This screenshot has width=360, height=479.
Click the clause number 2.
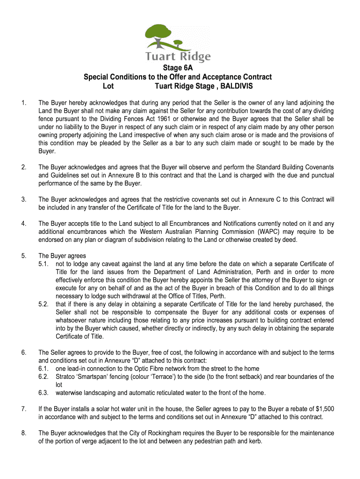click(23, 167)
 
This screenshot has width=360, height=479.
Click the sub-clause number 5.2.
click(44, 304)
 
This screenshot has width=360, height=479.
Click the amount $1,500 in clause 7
click(323, 409)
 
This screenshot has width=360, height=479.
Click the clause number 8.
click(23, 433)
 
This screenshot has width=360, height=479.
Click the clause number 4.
click(23, 224)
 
